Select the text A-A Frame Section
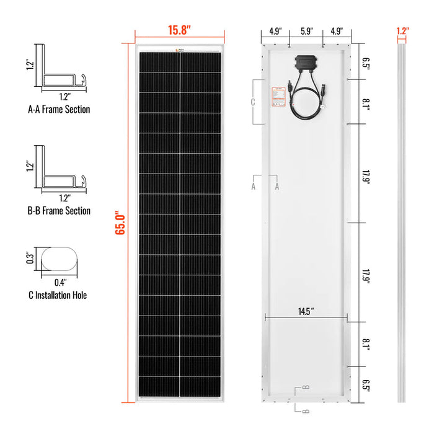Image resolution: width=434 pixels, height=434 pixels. [x=59, y=109]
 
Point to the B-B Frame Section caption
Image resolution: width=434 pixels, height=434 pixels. [x=59, y=211]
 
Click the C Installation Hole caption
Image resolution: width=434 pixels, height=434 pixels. [x=56, y=294]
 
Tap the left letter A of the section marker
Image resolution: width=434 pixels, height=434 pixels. [x=253, y=185]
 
